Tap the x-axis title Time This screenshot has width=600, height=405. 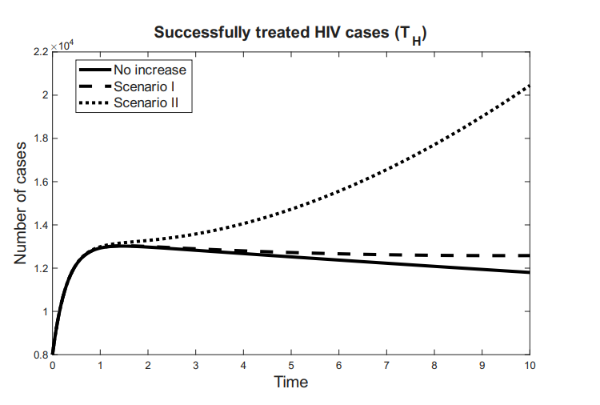pyautogui.click(x=290, y=382)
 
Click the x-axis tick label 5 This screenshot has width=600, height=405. pyautogui.click(x=291, y=365)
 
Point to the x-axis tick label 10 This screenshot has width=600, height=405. pyautogui.click(x=529, y=365)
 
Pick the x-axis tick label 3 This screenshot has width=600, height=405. pyautogui.click(x=195, y=365)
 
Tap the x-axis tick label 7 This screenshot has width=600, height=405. pyautogui.click(x=386, y=365)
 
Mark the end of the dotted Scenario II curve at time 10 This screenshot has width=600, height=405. pyautogui.click(x=529, y=86)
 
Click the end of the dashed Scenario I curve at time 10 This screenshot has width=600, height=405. pyautogui.click(x=528, y=255)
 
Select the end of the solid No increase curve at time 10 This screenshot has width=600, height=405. pyautogui.click(x=529, y=272)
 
